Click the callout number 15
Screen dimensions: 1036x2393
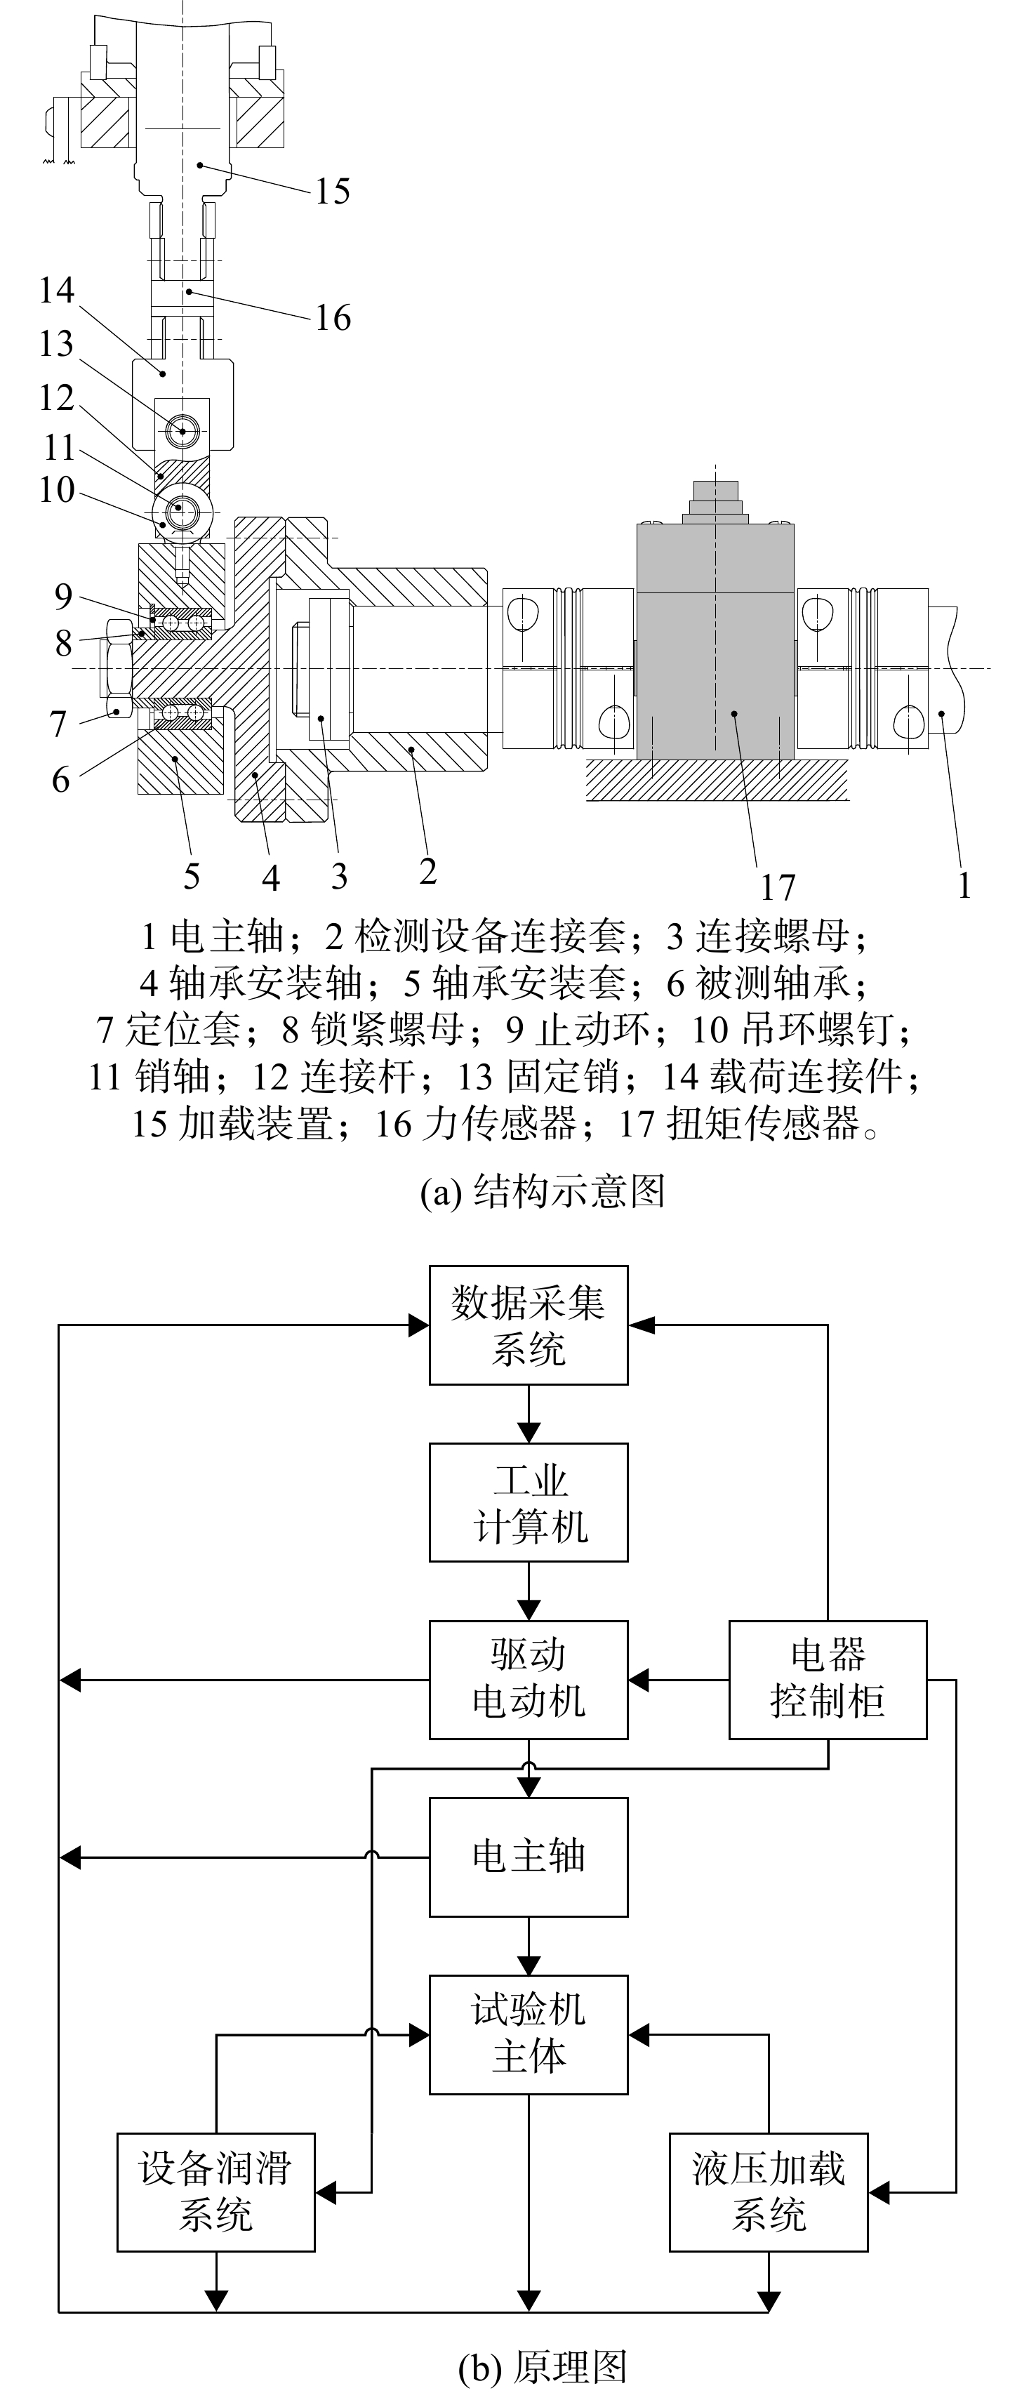[333, 192]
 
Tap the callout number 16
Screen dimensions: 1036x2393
[333, 318]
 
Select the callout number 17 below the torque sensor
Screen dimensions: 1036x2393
[778, 887]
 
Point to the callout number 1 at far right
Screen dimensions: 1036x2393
[964, 884]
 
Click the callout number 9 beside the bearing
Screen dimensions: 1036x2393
[62, 597]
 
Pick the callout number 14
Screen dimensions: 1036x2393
[55, 290]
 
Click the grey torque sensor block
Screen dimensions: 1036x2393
[715, 641]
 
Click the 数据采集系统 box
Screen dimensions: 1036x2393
[529, 1325]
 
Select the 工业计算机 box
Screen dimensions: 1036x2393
[529, 1502]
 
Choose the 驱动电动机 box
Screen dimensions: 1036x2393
[529, 1680]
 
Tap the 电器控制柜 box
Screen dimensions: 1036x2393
[828, 1680]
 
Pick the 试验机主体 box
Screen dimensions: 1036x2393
[529, 2034]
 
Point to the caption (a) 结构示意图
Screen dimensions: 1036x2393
[543, 1192]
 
